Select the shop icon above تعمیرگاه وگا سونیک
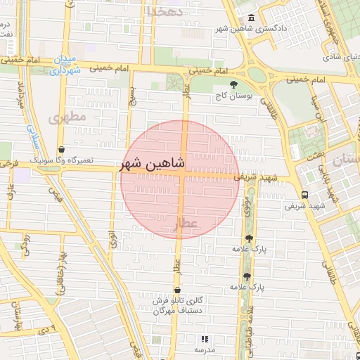click(63, 150)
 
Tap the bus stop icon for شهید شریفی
click(304, 195)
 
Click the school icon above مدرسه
click(205, 339)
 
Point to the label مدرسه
click(205, 349)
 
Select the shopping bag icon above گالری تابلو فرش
click(176, 290)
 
